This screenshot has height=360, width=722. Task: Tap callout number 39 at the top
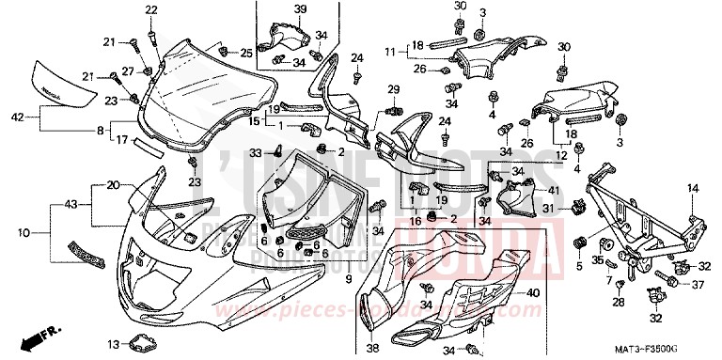tap(274, 9)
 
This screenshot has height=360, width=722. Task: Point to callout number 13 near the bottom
tap(112, 343)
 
